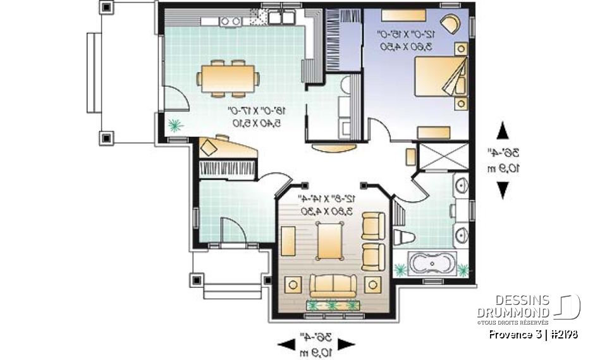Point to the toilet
point(403,237)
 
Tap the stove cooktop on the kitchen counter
point(231,22)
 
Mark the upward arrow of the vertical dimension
point(503,132)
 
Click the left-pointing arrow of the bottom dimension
point(286,344)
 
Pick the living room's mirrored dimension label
point(327,204)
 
